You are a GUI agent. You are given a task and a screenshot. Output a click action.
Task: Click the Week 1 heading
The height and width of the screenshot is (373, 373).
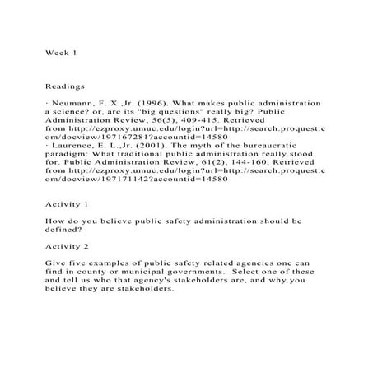(60, 51)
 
